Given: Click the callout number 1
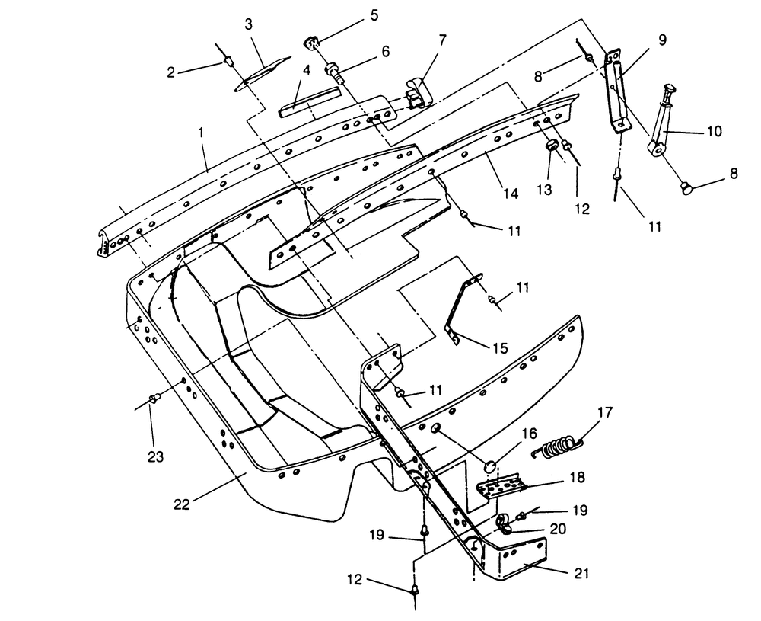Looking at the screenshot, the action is pos(200,133).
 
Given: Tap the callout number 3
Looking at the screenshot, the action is pos(249,24).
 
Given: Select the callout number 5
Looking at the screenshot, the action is pos(374,14).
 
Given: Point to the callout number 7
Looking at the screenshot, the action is pos(442,40).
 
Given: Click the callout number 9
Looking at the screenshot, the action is pos(663,40).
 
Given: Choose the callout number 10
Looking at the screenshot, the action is pos(715,131).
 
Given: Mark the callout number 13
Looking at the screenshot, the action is pos(545,190).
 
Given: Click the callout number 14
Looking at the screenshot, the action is pos(511,193).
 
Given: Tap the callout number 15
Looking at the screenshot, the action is pos(500,348).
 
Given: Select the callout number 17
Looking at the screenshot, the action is pos(605,412).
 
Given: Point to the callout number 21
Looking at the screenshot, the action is pos(581,574).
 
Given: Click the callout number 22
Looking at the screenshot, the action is pos(182,504).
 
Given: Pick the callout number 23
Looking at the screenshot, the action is pos(155,456).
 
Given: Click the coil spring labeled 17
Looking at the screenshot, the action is pos(558,448).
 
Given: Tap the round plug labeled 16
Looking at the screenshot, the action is pos(490,467).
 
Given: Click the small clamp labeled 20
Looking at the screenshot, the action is pos(505,524).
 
